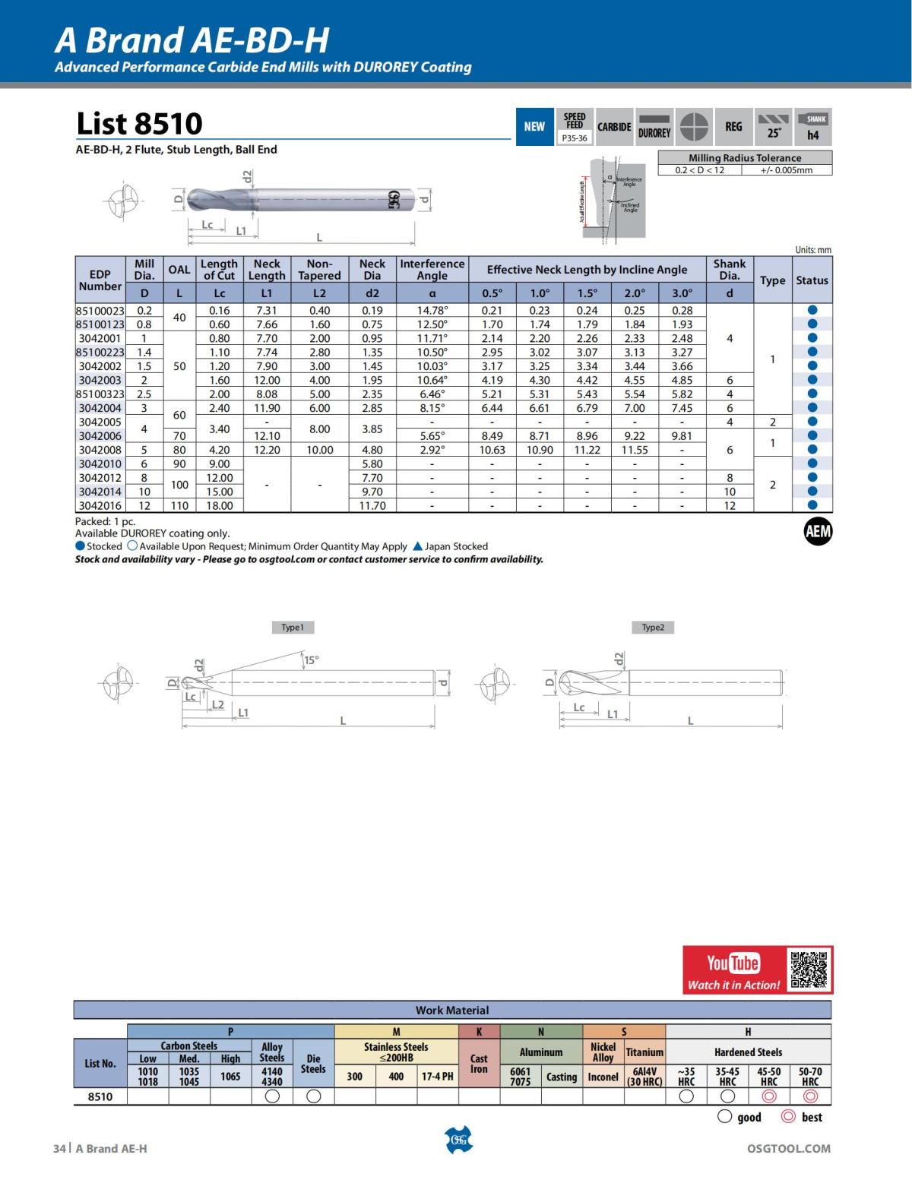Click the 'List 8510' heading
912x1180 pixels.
(140, 124)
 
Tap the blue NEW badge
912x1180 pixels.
(534, 126)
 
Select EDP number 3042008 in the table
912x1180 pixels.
(100, 450)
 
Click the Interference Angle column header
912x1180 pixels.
(432, 270)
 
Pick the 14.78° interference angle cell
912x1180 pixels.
(432, 310)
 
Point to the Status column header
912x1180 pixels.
(812, 280)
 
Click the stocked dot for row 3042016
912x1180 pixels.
(812, 505)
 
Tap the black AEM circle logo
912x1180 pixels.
(818, 532)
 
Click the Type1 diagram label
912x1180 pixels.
(293, 628)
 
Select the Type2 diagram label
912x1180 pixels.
(653, 628)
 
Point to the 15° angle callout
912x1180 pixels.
(312, 660)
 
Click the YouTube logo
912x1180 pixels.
(733, 963)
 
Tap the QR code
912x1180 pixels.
(809, 969)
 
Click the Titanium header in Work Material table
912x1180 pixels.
(644, 1052)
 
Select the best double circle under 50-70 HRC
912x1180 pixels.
(810, 1096)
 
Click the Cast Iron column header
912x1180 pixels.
(479, 1063)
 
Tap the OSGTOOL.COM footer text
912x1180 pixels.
(789, 1149)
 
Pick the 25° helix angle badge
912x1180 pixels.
(774, 126)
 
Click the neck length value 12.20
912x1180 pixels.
(267, 450)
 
